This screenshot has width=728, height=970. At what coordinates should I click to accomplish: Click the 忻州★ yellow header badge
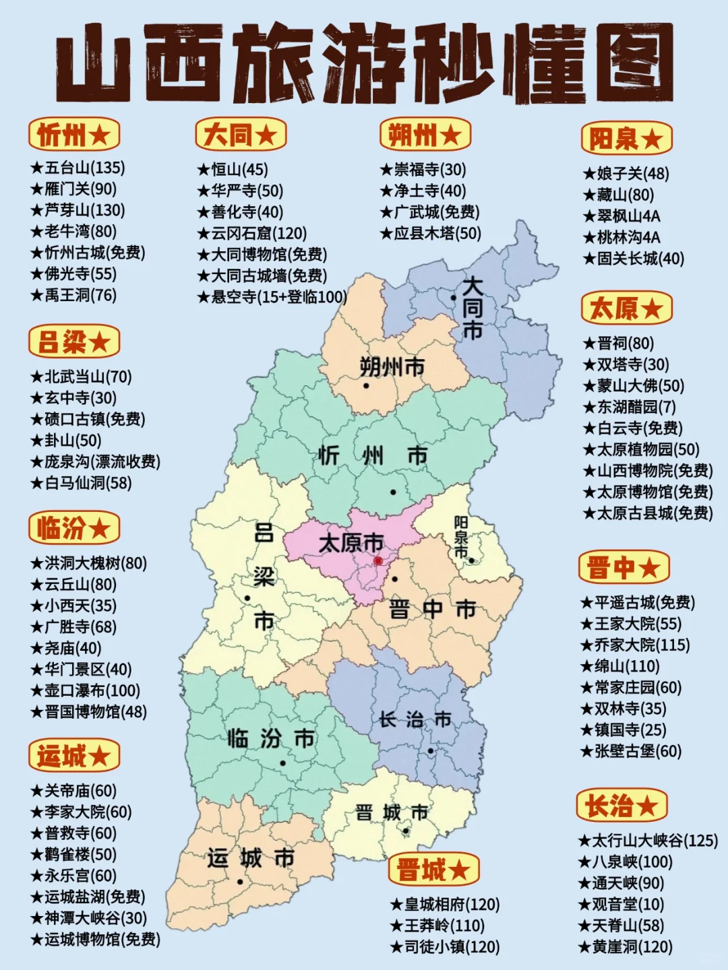coord(73,135)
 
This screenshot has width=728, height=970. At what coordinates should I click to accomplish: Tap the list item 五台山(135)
coord(78,168)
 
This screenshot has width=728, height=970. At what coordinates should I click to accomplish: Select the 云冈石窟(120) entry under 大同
coord(252,234)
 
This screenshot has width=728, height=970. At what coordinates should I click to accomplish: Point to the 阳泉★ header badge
coord(626,139)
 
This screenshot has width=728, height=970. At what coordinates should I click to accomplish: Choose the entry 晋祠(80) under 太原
coord(619,344)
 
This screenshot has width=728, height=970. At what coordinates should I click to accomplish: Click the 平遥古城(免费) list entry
coord(638,602)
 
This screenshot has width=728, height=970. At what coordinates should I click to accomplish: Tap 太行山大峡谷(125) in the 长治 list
coord(648,841)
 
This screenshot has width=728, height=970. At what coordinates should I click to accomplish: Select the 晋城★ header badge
coord(433,870)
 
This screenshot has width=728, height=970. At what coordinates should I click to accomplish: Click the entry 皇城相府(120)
coord(445,905)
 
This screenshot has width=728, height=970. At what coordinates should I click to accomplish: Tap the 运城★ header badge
coord(73,756)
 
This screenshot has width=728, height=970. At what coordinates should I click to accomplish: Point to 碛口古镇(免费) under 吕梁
coord(88,419)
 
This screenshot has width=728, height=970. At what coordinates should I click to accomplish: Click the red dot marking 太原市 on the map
coord(378,560)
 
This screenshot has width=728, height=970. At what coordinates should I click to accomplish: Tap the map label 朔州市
coord(392,367)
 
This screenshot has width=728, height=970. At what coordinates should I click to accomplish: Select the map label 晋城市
coord(392,812)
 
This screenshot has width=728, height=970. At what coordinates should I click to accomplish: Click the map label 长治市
coord(414,719)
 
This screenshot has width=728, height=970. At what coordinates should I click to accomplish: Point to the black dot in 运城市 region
coord(240,881)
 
